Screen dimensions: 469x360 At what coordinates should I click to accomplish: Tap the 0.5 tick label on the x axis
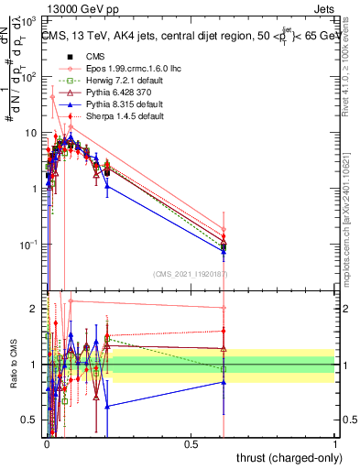tap(191, 443)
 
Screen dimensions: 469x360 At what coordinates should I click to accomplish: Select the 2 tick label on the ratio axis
tap(34, 309)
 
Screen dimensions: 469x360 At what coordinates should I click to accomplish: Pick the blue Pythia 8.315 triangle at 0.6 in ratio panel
tap(224, 382)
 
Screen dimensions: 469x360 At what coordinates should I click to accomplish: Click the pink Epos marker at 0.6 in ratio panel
tap(224, 309)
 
